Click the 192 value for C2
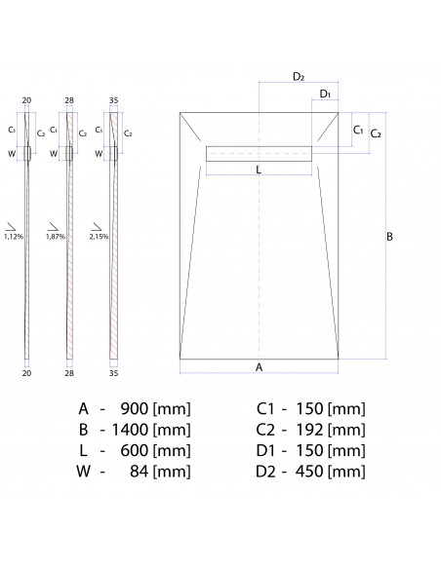(x=307, y=429)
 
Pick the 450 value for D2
(x=307, y=472)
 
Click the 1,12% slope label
(x=13, y=236)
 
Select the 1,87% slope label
(x=55, y=236)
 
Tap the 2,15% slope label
(x=98, y=236)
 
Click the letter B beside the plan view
(x=389, y=237)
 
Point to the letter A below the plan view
(x=259, y=367)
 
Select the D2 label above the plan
(x=299, y=76)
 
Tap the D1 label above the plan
(x=325, y=95)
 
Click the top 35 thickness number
(x=114, y=99)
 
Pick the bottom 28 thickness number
(x=70, y=372)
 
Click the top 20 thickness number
(x=27, y=99)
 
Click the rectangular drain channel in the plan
(x=259, y=152)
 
